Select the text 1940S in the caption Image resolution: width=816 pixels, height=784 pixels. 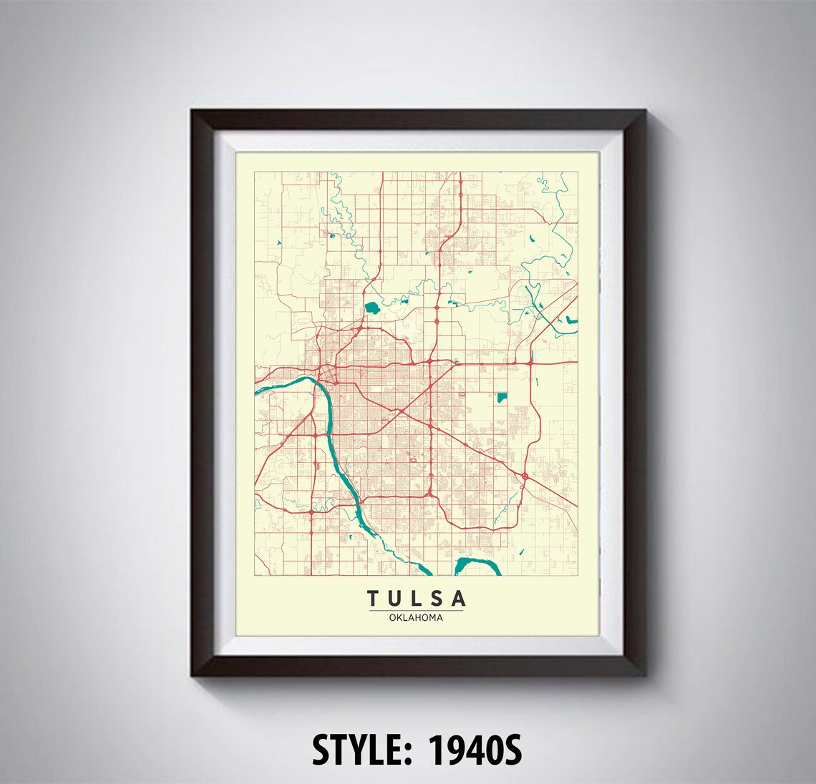(477, 750)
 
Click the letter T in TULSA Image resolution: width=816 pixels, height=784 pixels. (374, 598)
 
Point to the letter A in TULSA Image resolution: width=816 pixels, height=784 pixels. (459, 598)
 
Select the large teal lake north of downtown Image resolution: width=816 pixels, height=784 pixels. (371, 309)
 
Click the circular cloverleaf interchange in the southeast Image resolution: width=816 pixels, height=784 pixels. (525, 475)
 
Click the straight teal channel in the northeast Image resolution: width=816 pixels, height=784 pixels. (535, 300)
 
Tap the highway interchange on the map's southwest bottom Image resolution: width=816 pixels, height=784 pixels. (312, 512)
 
